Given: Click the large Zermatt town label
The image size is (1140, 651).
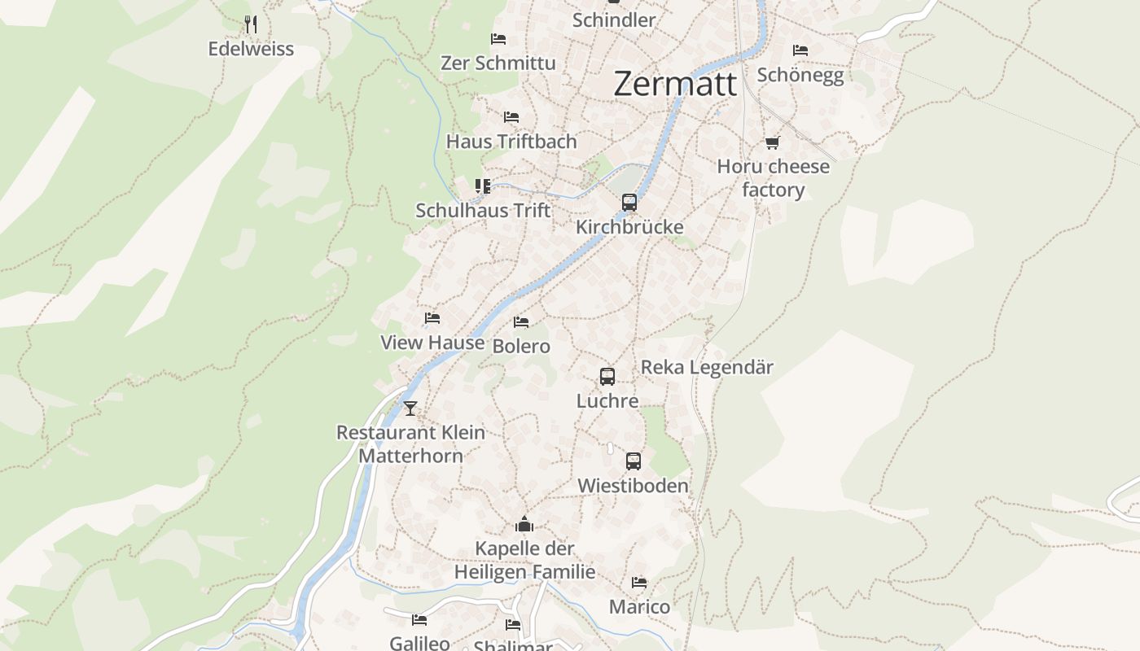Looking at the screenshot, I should point(675,84).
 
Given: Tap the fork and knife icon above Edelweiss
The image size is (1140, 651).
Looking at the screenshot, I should point(251,24).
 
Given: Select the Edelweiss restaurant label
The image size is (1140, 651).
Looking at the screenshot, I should point(251,49).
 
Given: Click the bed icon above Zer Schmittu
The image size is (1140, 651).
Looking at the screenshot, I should point(498,39).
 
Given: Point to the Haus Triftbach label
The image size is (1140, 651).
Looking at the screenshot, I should point(511,142).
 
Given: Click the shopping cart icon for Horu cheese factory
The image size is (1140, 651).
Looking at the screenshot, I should point(772,143).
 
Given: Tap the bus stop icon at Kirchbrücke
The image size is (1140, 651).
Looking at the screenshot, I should point(629,203).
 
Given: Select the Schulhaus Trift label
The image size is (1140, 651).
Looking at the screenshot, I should point(483,211).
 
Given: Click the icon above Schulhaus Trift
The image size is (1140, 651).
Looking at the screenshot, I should point(483,186).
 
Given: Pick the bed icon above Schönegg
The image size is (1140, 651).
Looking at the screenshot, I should point(800,50).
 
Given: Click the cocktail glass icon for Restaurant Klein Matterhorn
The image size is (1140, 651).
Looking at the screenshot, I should point(410,408).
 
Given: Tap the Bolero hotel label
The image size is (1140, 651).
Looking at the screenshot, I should point(521,347).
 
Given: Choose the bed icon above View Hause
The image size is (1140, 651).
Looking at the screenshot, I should point(432,318).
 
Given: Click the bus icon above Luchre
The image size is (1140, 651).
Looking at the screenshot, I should point(607,377).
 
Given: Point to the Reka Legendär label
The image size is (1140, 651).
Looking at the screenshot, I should point(707,367).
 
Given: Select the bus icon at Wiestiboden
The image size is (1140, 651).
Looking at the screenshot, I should point(634,461).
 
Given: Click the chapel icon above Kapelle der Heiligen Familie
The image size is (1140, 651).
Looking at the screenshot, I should point(524,524).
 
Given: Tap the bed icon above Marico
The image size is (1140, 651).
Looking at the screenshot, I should point(639,583).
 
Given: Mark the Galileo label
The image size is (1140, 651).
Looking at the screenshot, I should point(419,643).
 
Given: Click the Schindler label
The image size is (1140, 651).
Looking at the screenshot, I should point(614,20).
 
